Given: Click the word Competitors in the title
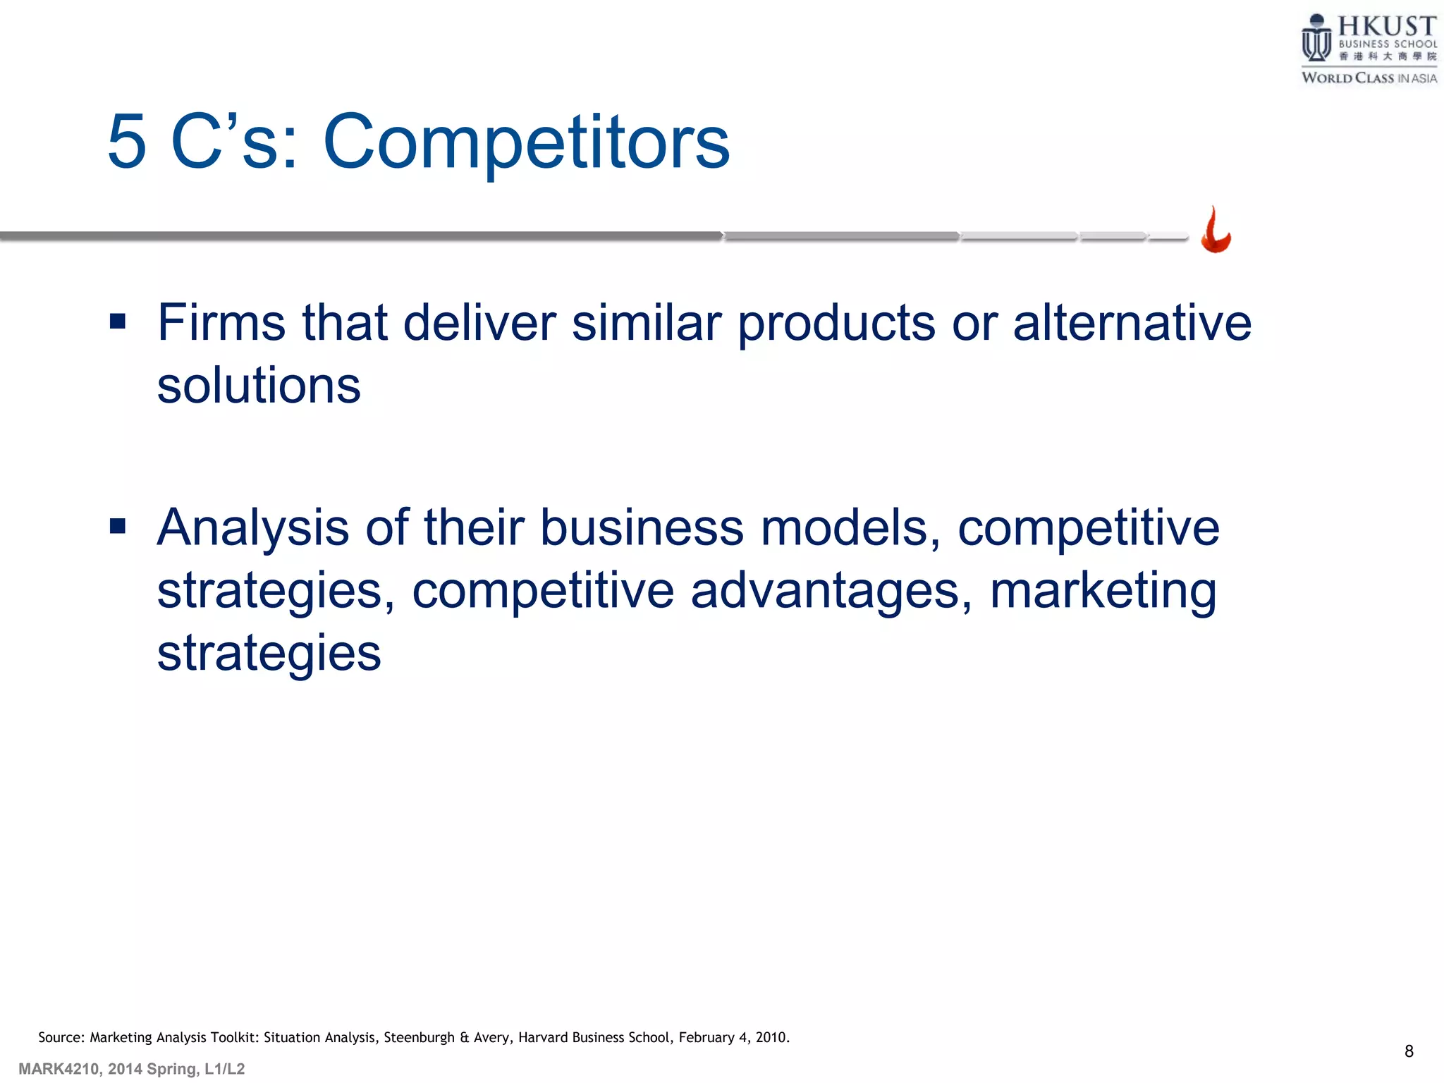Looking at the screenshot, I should tap(526, 142).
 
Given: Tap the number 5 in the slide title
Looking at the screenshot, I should tap(127, 142).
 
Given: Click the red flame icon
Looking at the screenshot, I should tap(1216, 231).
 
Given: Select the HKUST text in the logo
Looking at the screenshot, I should tap(1386, 26).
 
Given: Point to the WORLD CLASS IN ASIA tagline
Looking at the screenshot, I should tap(1369, 78).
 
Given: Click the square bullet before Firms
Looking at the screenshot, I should tap(118, 322).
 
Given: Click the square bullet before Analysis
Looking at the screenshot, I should tap(118, 526).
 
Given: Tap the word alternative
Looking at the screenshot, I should tap(1132, 323).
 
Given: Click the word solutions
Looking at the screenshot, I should tap(258, 386).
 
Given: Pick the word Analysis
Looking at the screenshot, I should tap(252, 527).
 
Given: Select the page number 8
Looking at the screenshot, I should tap(1409, 1051).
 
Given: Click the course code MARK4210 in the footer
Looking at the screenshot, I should tap(59, 1069).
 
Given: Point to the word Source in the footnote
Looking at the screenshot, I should tap(61, 1037).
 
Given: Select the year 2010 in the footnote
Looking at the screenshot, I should tap(771, 1037).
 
